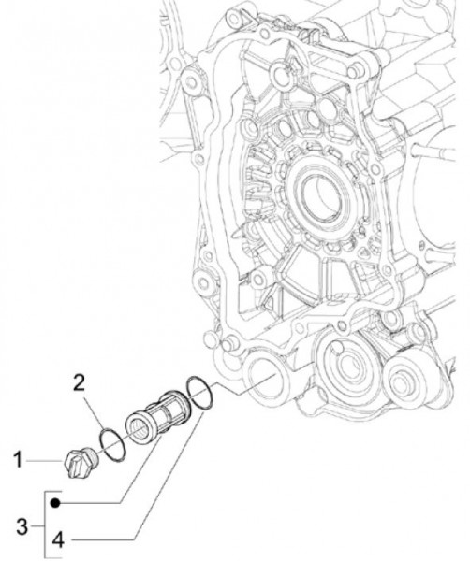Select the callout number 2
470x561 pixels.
81,381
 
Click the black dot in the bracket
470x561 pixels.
55,503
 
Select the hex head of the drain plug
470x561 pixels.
69,462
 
